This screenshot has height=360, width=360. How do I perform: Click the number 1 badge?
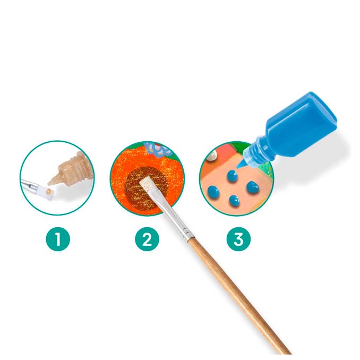(x=58, y=239)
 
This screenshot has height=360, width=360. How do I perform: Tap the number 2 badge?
(x=147, y=239)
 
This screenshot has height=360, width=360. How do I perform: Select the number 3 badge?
(x=238, y=239)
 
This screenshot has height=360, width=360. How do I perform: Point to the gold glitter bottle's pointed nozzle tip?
(x=49, y=183)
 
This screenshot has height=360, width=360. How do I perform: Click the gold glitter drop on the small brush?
(x=48, y=191)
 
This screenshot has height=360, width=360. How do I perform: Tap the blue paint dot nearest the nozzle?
(x=233, y=176)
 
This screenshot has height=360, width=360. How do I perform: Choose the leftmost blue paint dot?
(x=213, y=192)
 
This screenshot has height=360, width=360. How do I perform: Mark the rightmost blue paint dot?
(x=253, y=187)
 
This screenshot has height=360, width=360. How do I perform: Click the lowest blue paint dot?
(x=234, y=200)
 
